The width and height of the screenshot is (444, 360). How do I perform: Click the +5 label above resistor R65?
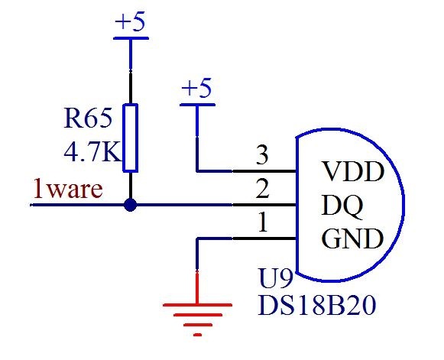(x=129, y=22)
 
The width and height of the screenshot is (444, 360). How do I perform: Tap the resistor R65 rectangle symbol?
(x=131, y=138)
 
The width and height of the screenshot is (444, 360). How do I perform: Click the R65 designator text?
(x=88, y=118)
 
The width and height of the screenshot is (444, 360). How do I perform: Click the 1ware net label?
(x=67, y=189)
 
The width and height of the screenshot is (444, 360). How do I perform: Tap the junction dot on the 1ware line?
(x=131, y=205)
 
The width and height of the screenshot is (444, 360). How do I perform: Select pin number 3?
(x=262, y=157)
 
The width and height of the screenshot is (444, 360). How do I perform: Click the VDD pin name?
(x=352, y=171)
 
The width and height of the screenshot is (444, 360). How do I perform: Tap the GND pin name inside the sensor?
(x=352, y=240)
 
